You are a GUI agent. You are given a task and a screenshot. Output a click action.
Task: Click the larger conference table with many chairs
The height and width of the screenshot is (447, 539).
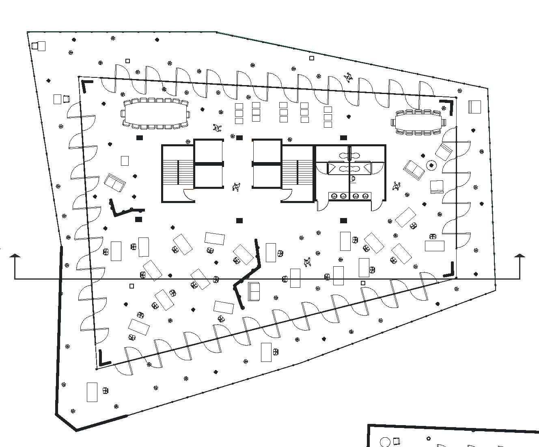155,113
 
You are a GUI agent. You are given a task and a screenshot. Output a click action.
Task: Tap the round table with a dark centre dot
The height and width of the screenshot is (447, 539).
431,165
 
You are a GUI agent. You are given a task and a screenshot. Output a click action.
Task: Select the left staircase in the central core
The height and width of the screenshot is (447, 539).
178,172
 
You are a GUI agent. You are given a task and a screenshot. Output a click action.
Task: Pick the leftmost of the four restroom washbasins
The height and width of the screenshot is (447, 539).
334,196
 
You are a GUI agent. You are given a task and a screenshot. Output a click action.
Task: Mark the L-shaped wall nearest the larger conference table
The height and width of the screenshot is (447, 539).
86,85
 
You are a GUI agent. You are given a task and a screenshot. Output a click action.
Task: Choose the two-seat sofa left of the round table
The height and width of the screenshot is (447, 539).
414,170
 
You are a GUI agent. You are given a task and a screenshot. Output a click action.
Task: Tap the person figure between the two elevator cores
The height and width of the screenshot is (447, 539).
236,187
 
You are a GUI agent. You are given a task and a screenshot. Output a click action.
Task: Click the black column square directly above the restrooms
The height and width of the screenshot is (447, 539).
343,138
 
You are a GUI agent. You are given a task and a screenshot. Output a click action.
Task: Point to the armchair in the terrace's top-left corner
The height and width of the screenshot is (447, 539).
41,46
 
